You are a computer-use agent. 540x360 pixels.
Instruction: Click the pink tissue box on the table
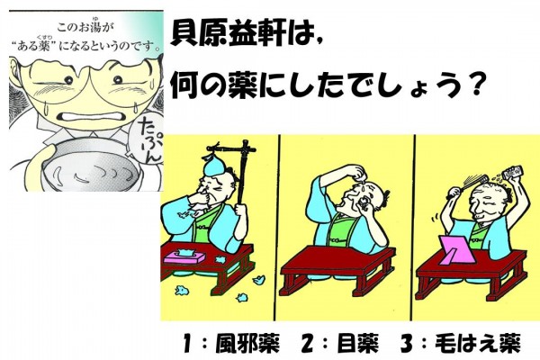coord(184,256)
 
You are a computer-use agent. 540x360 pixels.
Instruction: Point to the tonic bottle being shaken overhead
coord(513,172)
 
